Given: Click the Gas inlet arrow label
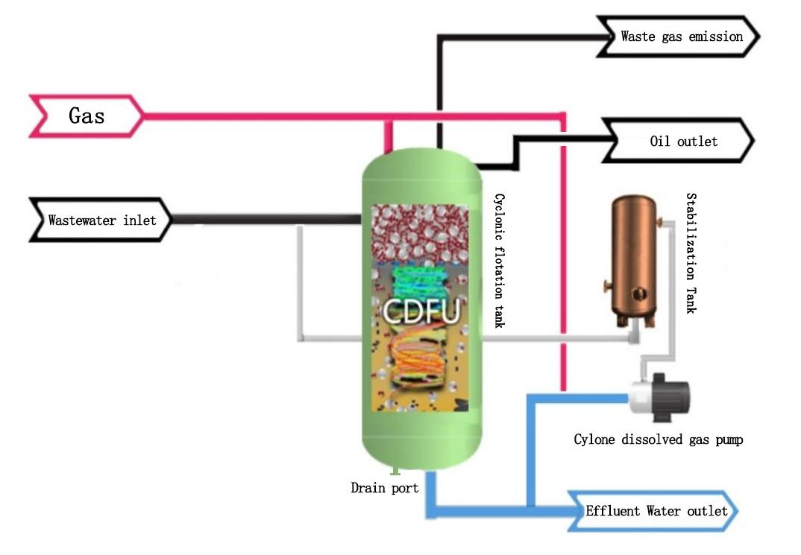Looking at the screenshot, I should point(86,115).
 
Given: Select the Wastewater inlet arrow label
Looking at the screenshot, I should point(101,221).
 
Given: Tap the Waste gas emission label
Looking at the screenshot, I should point(681,36).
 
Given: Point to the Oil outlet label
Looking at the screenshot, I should point(682,141).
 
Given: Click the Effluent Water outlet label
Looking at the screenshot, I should point(656,511).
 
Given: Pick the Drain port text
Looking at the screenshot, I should point(385,489).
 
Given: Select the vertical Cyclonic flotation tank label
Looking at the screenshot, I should point(499,261).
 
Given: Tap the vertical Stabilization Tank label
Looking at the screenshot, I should point(691,253).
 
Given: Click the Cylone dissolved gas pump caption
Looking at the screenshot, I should point(658,440).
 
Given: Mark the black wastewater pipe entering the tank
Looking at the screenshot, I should point(268,220).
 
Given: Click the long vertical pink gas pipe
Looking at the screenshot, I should point(563,253).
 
